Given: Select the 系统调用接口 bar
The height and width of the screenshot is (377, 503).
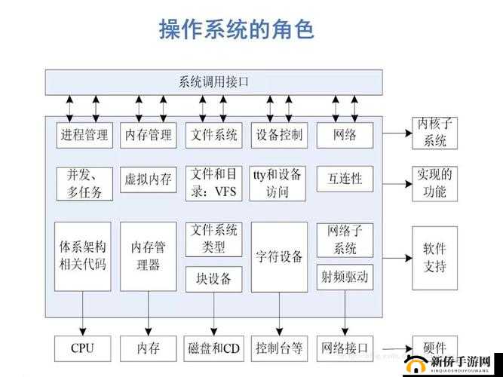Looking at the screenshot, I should pyautogui.click(x=213, y=81).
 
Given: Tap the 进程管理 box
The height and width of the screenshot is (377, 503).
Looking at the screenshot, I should pyautogui.click(x=83, y=135).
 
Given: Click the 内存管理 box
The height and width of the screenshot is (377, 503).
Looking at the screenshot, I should pyautogui.click(x=148, y=135).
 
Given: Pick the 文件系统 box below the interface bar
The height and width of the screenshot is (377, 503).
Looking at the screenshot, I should pyautogui.click(x=213, y=135).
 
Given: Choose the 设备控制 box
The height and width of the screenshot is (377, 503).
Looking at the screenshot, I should pyautogui.click(x=278, y=135).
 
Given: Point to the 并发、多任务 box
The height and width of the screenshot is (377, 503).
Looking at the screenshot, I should pyautogui.click(x=84, y=182).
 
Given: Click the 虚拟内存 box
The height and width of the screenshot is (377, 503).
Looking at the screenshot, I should pyautogui.click(x=148, y=179).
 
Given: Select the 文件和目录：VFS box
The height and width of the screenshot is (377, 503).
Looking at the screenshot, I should pyautogui.click(x=213, y=182).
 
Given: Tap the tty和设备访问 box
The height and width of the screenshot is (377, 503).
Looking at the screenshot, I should pyautogui.click(x=278, y=182).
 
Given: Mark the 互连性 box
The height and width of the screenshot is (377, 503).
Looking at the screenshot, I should pyautogui.click(x=345, y=179).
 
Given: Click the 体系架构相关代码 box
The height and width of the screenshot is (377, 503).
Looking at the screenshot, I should pyautogui.click(x=83, y=256).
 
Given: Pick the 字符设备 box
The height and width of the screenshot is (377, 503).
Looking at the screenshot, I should pyautogui.click(x=279, y=256).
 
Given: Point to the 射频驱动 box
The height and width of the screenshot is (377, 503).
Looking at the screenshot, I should pyautogui.click(x=345, y=277).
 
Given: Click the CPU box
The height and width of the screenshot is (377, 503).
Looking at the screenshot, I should pyautogui.click(x=83, y=348).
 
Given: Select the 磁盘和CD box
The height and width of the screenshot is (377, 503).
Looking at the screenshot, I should pyautogui.click(x=213, y=348).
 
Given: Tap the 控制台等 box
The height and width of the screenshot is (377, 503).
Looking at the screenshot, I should pyautogui.click(x=279, y=348).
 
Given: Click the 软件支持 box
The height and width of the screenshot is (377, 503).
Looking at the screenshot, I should pyautogui.click(x=435, y=256).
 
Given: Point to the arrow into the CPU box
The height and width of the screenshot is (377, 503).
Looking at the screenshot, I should pyautogui.click(x=83, y=324).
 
